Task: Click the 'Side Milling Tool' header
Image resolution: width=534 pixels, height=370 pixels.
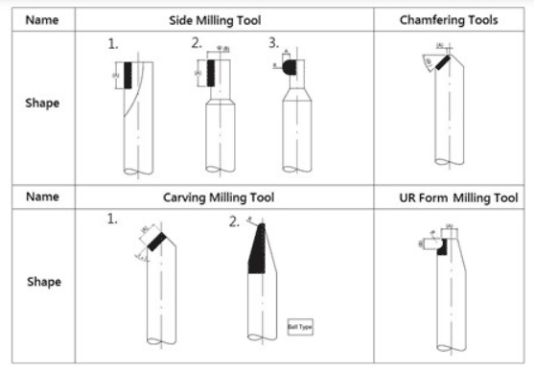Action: (224, 19)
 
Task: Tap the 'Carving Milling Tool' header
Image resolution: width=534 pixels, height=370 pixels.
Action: (224, 197)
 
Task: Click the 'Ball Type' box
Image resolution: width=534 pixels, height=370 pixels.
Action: (300, 327)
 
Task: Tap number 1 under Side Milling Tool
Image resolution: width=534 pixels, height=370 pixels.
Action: (112, 45)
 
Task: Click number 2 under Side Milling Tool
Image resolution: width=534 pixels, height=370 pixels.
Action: (196, 43)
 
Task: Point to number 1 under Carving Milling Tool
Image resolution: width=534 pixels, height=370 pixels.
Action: (112, 220)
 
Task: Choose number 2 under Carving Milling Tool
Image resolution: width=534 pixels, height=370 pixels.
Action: (234, 221)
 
